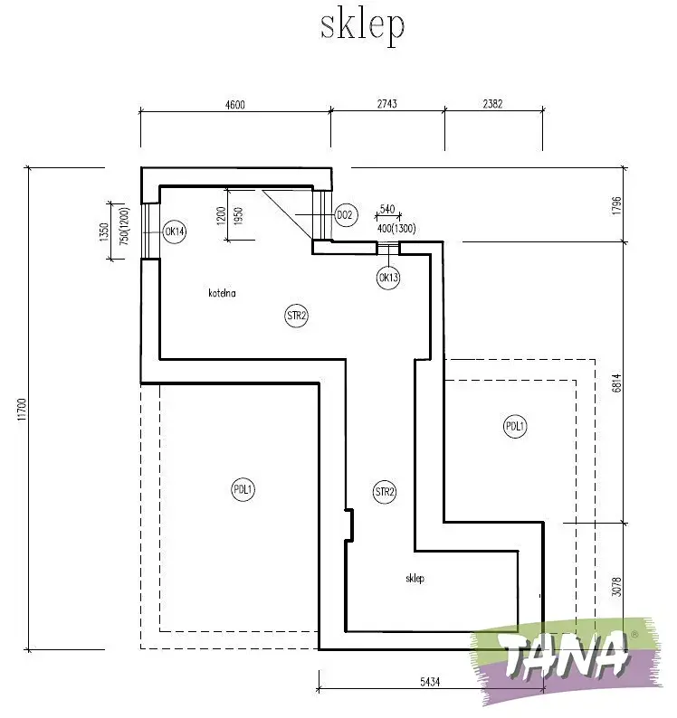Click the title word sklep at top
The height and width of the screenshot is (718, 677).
(x=362, y=27)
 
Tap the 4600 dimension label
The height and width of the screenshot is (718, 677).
(x=235, y=105)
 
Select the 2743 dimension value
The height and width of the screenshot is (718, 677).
(x=387, y=104)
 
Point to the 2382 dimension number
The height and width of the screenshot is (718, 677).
(x=492, y=104)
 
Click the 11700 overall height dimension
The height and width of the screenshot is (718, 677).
(x=23, y=410)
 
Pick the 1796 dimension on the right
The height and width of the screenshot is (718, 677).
(x=616, y=205)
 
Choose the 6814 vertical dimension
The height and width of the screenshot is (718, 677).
(x=616, y=383)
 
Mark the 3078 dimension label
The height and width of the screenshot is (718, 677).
(x=616, y=587)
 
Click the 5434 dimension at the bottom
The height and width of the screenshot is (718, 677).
(x=430, y=683)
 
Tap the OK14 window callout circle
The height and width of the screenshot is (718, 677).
(x=175, y=231)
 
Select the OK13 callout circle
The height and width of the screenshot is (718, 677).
(x=388, y=278)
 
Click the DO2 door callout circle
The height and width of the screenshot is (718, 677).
(x=345, y=214)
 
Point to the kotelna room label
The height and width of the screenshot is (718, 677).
(x=223, y=293)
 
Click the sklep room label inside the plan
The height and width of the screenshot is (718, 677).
(x=415, y=579)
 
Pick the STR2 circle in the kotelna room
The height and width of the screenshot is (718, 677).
(x=296, y=316)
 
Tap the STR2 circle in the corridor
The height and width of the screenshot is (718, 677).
(x=385, y=492)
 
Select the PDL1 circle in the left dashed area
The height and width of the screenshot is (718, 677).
(x=243, y=489)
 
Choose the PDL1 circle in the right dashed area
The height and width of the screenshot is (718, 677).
(x=515, y=427)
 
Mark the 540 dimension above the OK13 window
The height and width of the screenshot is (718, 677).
(x=387, y=209)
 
